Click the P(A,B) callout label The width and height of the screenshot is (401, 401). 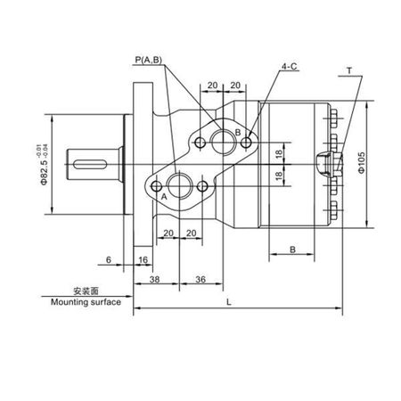tap(149, 60)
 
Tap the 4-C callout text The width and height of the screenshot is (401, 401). tap(290, 67)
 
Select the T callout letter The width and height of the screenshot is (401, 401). tap(349, 71)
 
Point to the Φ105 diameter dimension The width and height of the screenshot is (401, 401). tap(361, 163)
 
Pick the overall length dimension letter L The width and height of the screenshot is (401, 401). tap(229, 302)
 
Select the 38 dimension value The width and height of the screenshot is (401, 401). tap(154, 279)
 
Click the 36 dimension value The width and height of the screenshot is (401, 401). tap(200, 279)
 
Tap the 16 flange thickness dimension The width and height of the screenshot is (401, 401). tap(143, 260)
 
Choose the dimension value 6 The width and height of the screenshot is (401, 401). tap(109, 260)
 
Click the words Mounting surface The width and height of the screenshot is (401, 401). tap(86, 302)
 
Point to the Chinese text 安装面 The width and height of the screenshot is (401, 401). tap(86, 291)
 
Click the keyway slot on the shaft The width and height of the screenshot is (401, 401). tap(90, 164)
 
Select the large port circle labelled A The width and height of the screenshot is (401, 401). tap(179, 186)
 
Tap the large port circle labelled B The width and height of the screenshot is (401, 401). tap(223, 143)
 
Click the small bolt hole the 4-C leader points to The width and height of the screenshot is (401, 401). tap(246, 143)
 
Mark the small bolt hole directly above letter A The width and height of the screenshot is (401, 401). tap(157, 186)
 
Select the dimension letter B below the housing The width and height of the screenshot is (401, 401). tap(292, 250)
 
